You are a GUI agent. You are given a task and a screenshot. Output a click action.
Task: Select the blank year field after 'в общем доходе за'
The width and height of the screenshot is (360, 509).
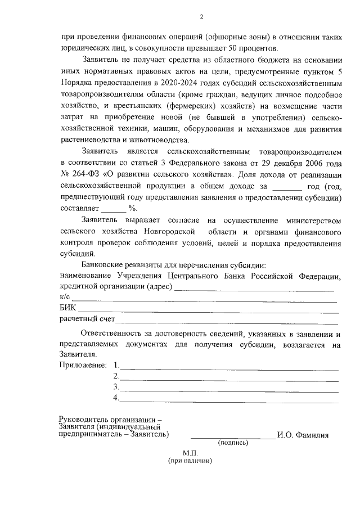tap(287, 186)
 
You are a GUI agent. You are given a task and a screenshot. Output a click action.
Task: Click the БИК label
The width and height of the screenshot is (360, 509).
tap(67, 308)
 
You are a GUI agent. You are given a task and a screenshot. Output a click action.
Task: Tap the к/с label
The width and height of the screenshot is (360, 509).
tap(65, 297)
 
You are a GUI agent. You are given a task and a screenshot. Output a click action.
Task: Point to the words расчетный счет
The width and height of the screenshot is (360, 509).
tap(87, 319)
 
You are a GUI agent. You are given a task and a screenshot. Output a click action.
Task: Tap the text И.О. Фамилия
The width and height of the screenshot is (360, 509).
tap(303, 435)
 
